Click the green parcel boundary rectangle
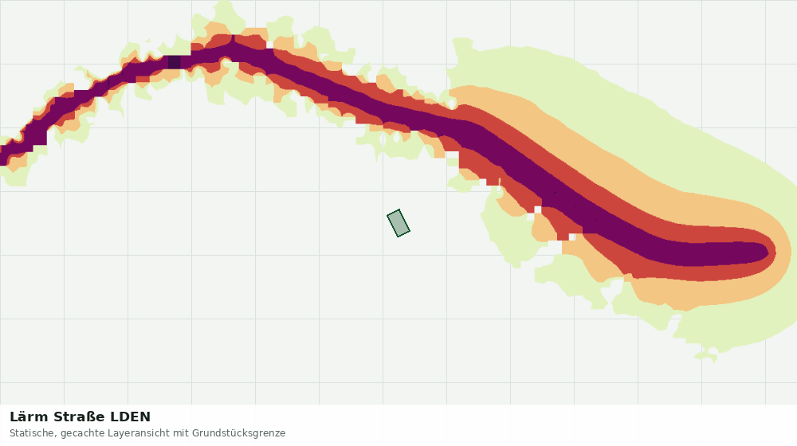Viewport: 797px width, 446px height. coord(398,223)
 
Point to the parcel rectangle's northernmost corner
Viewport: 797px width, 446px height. coord(399,209)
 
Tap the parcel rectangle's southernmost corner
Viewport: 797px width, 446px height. coord(398,237)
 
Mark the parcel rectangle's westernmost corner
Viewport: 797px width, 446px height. coord(387,215)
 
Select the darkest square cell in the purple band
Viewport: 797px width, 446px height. coord(175,62)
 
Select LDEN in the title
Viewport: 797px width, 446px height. coord(131,417)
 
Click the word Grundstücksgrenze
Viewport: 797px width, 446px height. coord(238,434)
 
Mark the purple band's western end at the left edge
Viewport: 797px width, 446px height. coord(3,155)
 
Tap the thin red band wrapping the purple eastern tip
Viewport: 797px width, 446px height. coord(772,252)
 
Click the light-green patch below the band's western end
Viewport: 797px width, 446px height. coord(15,175)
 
